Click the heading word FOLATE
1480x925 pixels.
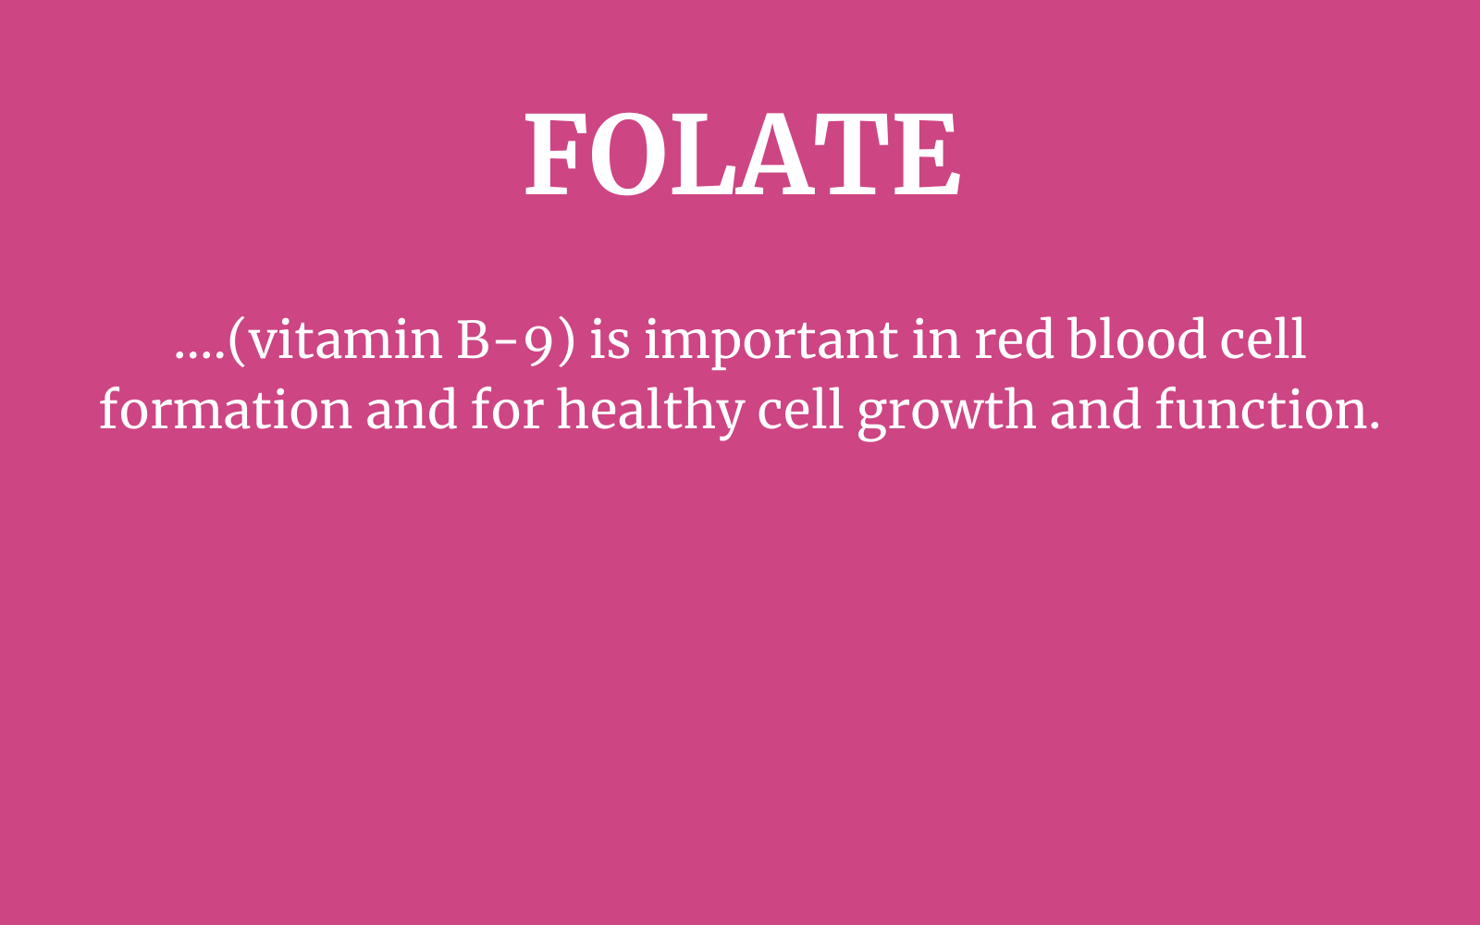point(742,154)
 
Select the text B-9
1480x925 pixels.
point(505,341)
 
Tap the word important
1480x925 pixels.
point(771,342)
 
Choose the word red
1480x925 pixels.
point(1014,339)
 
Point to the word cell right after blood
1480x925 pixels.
point(1263,338)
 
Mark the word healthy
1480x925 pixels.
point(651,413)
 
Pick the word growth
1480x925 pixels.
point(946,413)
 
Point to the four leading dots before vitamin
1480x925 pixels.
point(200,356)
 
